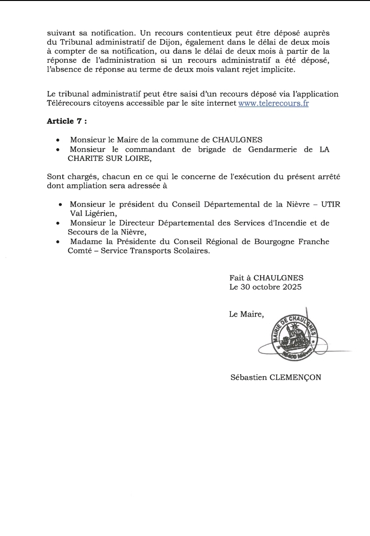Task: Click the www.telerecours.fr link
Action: pyautogui.click(x=273, y=103)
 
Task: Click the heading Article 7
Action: pyautogui.click(x=67, y=121)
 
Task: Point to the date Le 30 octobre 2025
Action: pyautogui.click(x=265, y=286)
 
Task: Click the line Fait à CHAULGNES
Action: pyautogui.click(x=266, y=278)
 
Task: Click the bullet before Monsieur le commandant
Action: pyautogui.click(x=58, y=150)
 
